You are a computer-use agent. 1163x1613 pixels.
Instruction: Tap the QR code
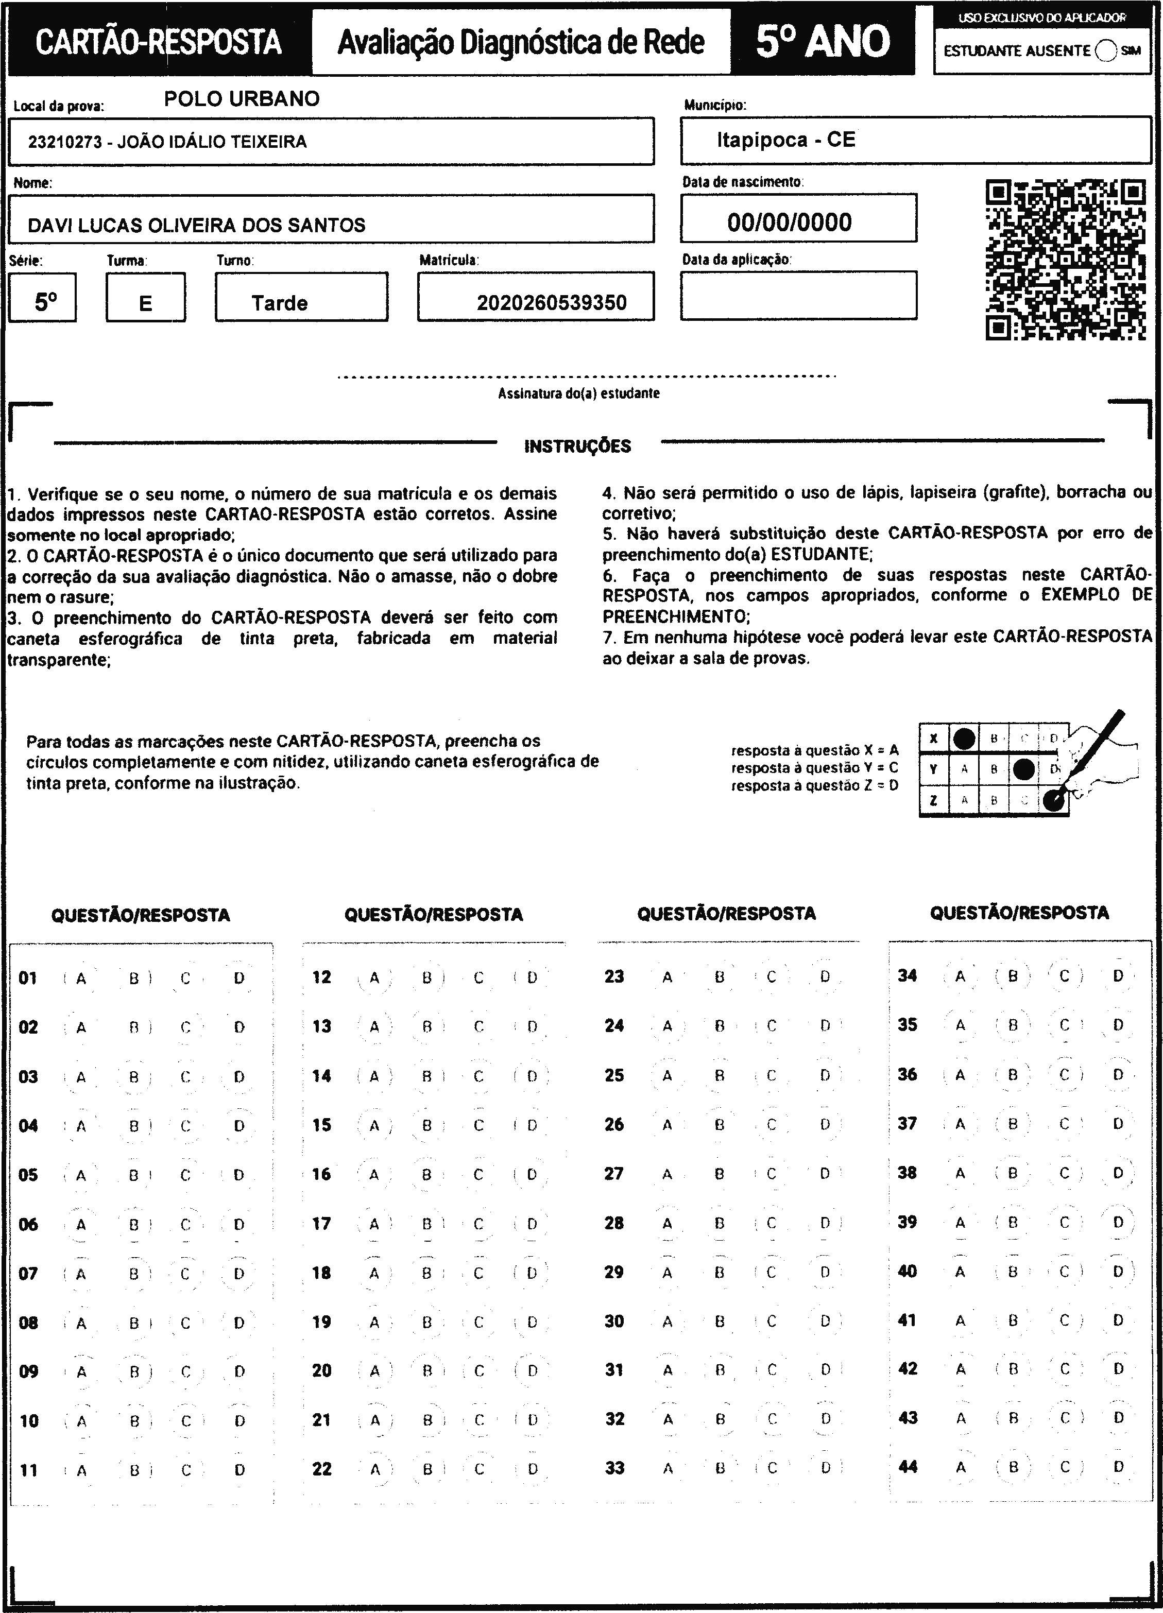tap(1065, 260)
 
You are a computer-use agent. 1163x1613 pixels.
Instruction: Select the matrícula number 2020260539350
tap(551, 303)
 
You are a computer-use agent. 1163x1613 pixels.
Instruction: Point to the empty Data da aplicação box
tap(798, 295)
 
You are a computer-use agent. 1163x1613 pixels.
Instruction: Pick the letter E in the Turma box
tap(145, 304)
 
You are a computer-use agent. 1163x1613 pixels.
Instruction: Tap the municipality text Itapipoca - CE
tap(785, 140)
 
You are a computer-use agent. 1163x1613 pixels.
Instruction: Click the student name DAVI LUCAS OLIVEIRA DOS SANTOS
tap(196, 226)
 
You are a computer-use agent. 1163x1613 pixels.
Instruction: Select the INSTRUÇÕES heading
tap(577, 447)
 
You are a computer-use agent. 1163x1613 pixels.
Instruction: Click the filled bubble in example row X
tap(964, 739)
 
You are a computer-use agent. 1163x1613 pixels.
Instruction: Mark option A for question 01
tap(81, 979)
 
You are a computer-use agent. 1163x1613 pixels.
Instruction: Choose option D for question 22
tap(532, 1469)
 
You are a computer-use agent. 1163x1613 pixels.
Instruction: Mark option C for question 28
tap(771, 1223)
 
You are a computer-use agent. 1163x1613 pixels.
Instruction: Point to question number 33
tap(614, 1468)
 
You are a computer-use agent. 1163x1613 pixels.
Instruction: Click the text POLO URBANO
tap(242, 99)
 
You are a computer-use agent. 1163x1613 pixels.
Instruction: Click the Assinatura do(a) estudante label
tap(578, 393)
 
